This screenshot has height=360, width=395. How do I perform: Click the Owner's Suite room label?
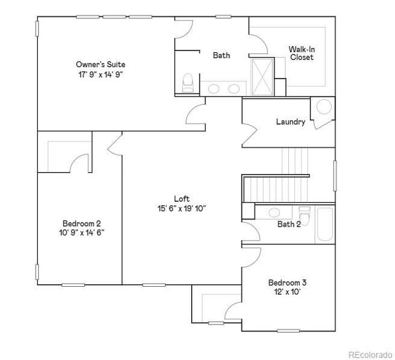[x=101, y=64]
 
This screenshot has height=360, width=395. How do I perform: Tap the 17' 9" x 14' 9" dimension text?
[x=101, y=74]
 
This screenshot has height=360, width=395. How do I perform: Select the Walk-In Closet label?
[x=301, y=53]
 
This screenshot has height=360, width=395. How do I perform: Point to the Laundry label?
[x=291, y=122]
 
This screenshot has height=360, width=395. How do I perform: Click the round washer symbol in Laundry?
[x=324, y=107]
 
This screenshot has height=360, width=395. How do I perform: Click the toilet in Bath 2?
[x=304, y=214]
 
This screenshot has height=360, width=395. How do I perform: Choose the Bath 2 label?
[x=289, y=224]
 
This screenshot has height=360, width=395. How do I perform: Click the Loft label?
[x=182, y=199]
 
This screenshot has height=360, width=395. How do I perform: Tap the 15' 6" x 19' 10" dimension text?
[x=182, y=209]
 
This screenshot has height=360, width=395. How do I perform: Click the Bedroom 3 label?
[x=288, y=283]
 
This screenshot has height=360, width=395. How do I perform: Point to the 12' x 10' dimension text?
[x=288, y=293]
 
